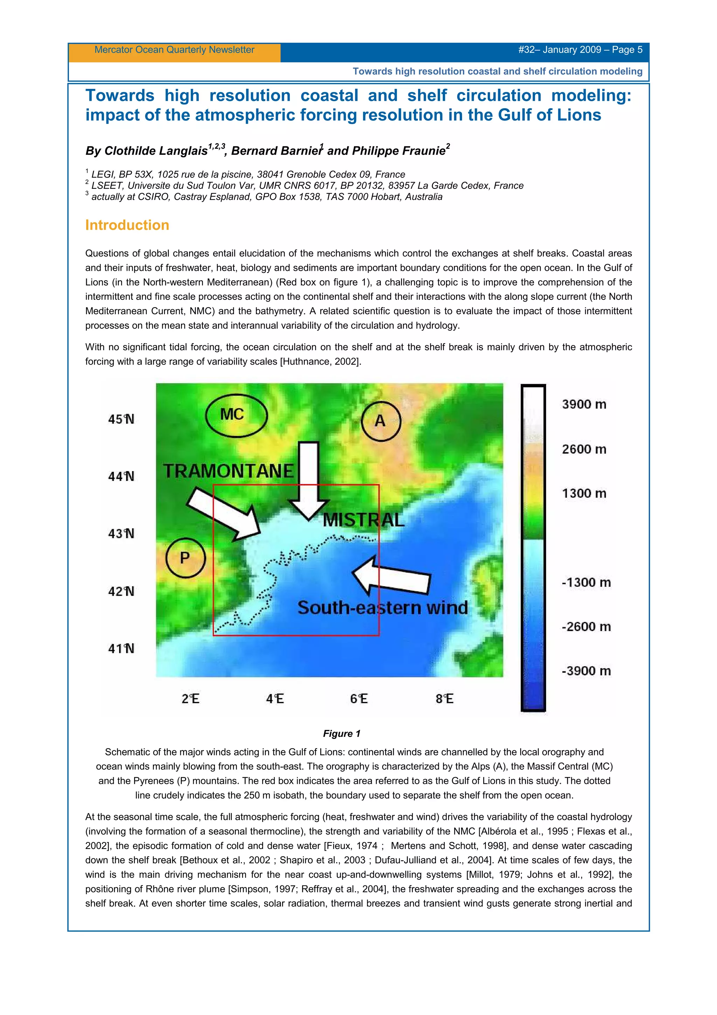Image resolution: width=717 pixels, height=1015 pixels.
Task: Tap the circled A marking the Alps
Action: click(x=380, y=421)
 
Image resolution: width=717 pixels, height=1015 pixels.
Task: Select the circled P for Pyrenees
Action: click(x=185, y=558)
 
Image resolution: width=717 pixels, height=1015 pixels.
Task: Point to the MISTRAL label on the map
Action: click(x=364, y=520)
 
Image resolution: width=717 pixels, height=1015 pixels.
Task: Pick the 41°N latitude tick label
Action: click(x=121, y=649)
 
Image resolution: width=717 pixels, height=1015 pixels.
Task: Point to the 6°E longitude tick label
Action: click(x=359, y=698)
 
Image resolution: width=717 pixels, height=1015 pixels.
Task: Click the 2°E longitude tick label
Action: click(x=190, y=698)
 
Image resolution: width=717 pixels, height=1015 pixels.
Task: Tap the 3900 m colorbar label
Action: click(x=584, y=404)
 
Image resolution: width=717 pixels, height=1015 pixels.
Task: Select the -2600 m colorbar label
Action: click(x=586, y=627)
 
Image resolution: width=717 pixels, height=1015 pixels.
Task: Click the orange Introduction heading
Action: click(x=127, y=225)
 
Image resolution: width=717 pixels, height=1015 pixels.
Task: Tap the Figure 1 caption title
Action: click(x=341, y=733)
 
